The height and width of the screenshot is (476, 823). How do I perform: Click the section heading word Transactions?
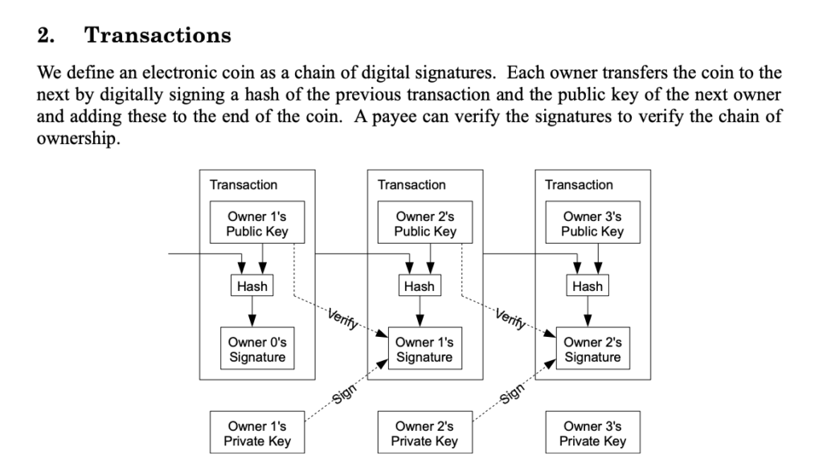tap(158, 35)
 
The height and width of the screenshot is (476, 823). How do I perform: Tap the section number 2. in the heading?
tap(46, 35)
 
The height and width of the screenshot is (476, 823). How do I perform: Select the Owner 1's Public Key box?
tap(257, 222)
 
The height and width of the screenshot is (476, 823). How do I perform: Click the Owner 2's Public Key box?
tap(425, 222)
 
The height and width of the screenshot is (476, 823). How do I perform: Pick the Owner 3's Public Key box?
tap(592, 222)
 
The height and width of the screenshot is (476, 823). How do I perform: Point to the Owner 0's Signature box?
tap(257, 348)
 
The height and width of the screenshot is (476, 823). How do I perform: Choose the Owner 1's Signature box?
tap(425, 348)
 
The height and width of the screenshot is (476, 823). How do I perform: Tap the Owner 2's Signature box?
tap(592, 348)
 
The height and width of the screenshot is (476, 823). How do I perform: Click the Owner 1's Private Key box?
tap(257, 433)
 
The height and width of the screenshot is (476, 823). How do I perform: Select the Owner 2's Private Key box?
tap(425, 433)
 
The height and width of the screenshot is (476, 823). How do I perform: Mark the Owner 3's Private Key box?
tap(592, 433)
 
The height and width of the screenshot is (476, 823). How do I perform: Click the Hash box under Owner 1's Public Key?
tap(252, 285)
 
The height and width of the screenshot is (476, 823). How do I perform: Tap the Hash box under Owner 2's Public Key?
tap(420, 285)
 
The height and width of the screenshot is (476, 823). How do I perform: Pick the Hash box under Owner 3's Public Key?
tap(588, 285)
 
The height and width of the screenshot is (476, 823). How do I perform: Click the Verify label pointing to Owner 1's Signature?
tap(342, 319)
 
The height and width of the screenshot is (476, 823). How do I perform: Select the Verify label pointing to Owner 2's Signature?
tap(510, 319)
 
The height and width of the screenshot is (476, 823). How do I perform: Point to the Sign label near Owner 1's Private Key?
tap(344, 393)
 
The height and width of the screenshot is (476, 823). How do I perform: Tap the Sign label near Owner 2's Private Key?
tap(512, 393)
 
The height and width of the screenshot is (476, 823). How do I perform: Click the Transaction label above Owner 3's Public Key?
tap(579, 185)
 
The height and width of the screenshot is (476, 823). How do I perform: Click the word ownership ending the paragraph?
tap(78, 139)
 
